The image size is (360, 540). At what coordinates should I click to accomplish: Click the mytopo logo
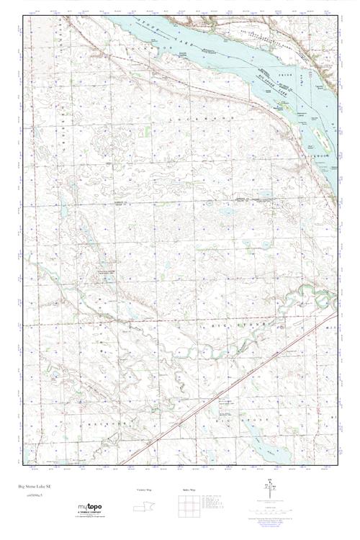coord(89,508)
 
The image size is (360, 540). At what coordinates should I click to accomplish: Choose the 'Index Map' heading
coord(192,490)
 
